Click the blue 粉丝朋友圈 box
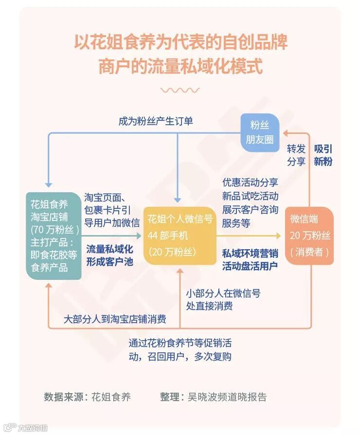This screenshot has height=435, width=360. coord(259,133)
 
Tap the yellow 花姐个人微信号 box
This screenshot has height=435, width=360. coord(180,235)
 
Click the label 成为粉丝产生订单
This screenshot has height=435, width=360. coord(156,121)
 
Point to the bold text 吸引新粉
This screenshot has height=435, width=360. coord(323,155)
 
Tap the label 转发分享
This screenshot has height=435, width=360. coord(296,155)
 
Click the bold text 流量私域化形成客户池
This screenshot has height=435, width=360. coord(109,255)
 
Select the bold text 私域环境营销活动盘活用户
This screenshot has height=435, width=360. coord(250,259)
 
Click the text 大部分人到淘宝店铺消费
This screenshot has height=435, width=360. coord(115,319)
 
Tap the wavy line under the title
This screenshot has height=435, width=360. coord(180,90)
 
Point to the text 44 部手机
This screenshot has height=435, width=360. coord(168,236)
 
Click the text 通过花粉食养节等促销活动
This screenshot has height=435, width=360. coord(180,343)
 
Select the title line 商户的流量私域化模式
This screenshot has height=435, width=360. coord(180,66)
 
